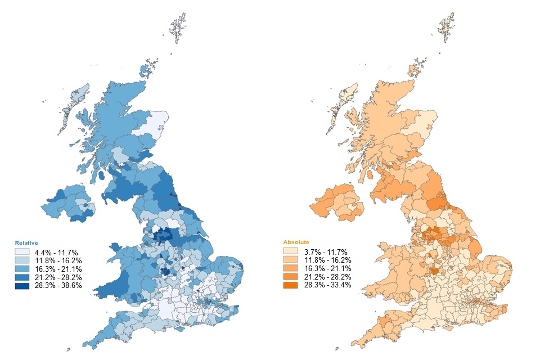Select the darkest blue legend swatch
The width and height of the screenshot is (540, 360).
click(22, 285)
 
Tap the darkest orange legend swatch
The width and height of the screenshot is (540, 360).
click(290, 285)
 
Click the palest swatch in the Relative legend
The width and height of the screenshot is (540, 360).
click(22, 251)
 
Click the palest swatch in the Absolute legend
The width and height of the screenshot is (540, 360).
click(290, 251)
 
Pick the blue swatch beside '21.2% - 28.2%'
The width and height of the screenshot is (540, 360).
click(22, 277)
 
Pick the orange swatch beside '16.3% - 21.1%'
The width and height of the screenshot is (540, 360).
click(290, 268)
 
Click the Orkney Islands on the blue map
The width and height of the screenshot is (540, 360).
click(147, 71)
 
